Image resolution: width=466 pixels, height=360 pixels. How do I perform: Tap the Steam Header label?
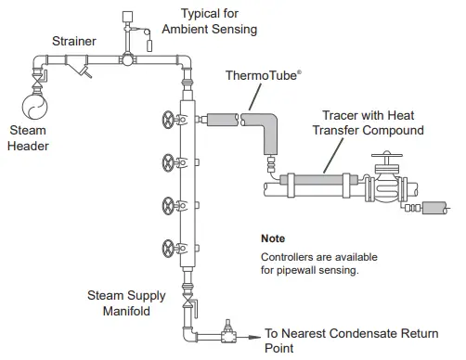pos(29,138)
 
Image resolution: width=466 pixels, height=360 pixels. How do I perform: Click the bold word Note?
pos(274,238)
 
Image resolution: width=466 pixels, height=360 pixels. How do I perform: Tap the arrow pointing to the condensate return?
pos(250,331)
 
